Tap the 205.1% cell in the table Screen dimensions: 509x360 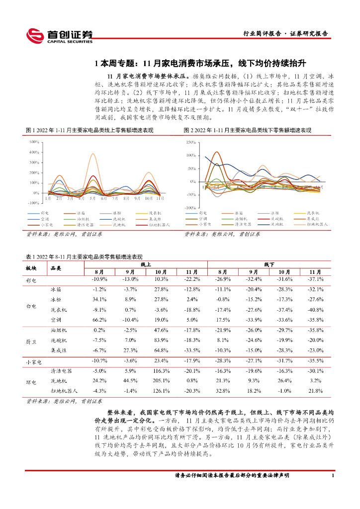pos(161,381)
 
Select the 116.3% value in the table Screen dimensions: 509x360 pos(161,371)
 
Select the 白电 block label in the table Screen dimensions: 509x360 pos(31,305)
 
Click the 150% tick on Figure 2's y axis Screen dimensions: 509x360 pos(190,142)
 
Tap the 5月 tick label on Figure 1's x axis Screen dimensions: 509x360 pos(93,198)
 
